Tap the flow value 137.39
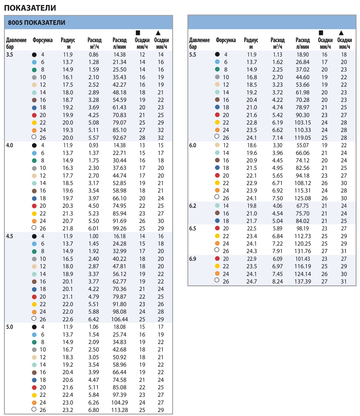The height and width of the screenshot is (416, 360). click(x=302, y=281)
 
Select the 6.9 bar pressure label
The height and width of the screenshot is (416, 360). click(x=192, y=259)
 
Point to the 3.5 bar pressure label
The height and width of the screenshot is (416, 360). click(x=9, y=55)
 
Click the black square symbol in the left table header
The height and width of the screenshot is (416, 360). click(x=138, y=33)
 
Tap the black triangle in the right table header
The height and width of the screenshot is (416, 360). click(x=341, y=33)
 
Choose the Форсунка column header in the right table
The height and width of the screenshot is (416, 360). click(x=226, y=40)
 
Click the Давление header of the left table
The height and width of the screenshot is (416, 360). click(x=16, y=40)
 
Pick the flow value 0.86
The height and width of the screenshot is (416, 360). click(x=94, y=55)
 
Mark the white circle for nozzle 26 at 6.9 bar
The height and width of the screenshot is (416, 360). click(x=217, y=280)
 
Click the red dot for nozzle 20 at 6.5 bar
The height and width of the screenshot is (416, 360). click(x=217, y=228)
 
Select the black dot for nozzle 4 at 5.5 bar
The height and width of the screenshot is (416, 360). click(x=217, y=54)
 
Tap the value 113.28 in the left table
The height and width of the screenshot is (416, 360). click(x=119, y=410)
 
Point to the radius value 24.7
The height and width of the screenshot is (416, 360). click(x=252, y=281)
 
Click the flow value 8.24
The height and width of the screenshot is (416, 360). click(x=277, y=281)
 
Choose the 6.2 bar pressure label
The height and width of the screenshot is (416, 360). click(x=192, y=206)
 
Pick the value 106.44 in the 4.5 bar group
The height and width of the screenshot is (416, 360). click(x=119, y=319)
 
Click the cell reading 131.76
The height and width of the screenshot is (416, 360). click(x=302, y=251)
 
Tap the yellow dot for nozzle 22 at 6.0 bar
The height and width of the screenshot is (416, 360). click(x=217, y=183)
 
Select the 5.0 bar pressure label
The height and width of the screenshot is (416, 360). click(x=9, y=327)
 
